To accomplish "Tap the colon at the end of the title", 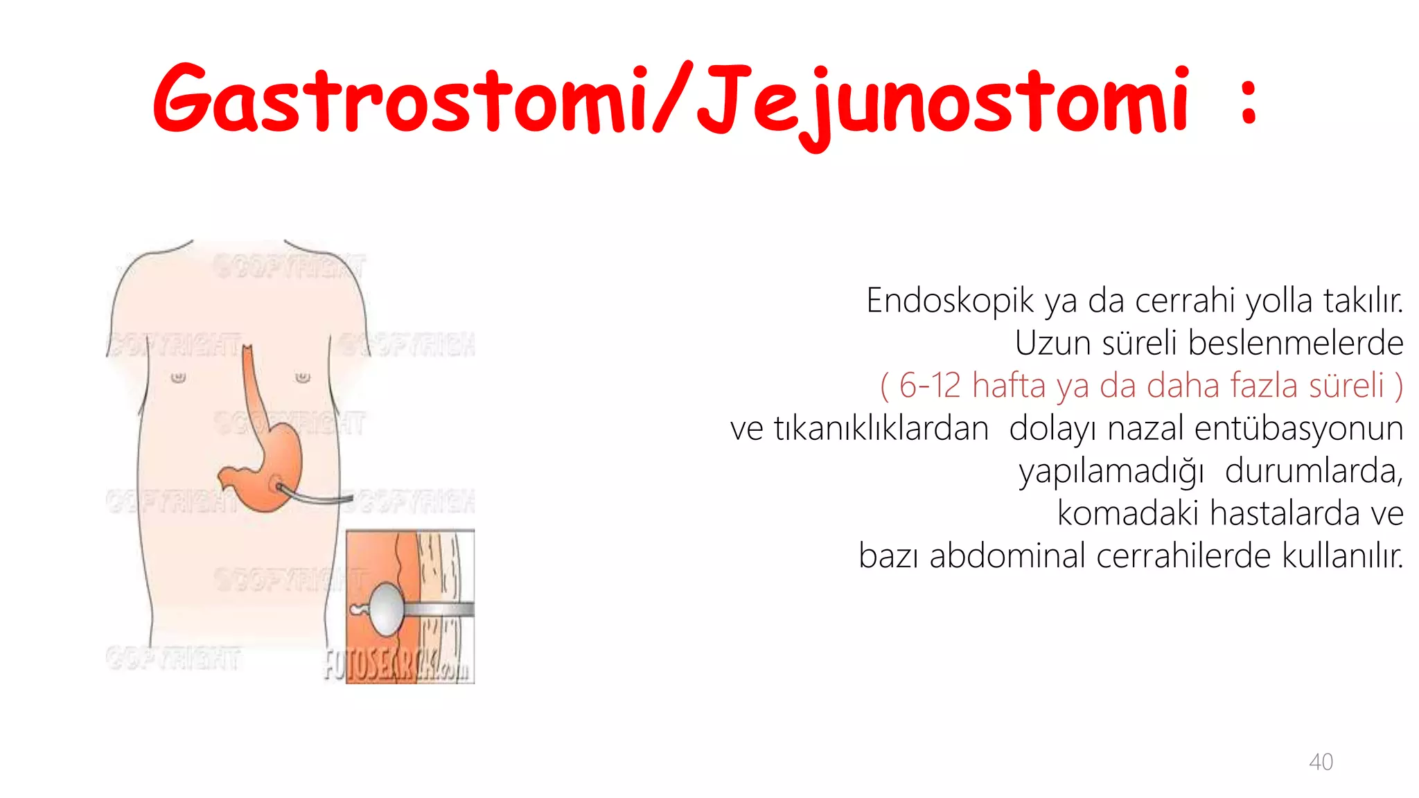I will pos(1249,103).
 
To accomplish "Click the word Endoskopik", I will pos(950,301).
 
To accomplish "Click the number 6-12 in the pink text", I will pos(930,386).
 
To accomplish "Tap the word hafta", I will pos(1008,386).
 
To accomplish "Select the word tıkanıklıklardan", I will pos(881,429).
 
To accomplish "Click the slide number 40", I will pos(1321,762).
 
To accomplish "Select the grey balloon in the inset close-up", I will pos(386,608).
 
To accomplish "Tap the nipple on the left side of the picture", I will pos(179,378).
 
